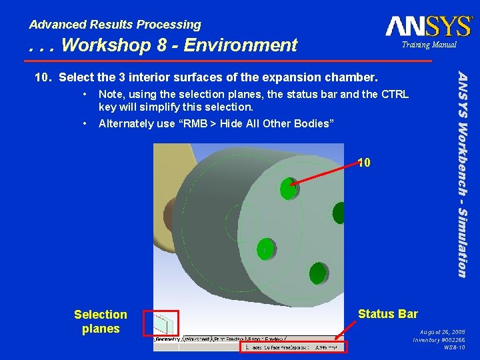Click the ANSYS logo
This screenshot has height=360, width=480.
428,26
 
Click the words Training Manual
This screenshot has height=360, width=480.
429,45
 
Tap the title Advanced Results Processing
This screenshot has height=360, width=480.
115,25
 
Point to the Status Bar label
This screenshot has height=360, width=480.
387,314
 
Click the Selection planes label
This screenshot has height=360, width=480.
101,321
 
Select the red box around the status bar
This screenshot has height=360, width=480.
293,347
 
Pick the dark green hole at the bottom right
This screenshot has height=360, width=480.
317,272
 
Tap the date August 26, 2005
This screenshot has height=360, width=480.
443,331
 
